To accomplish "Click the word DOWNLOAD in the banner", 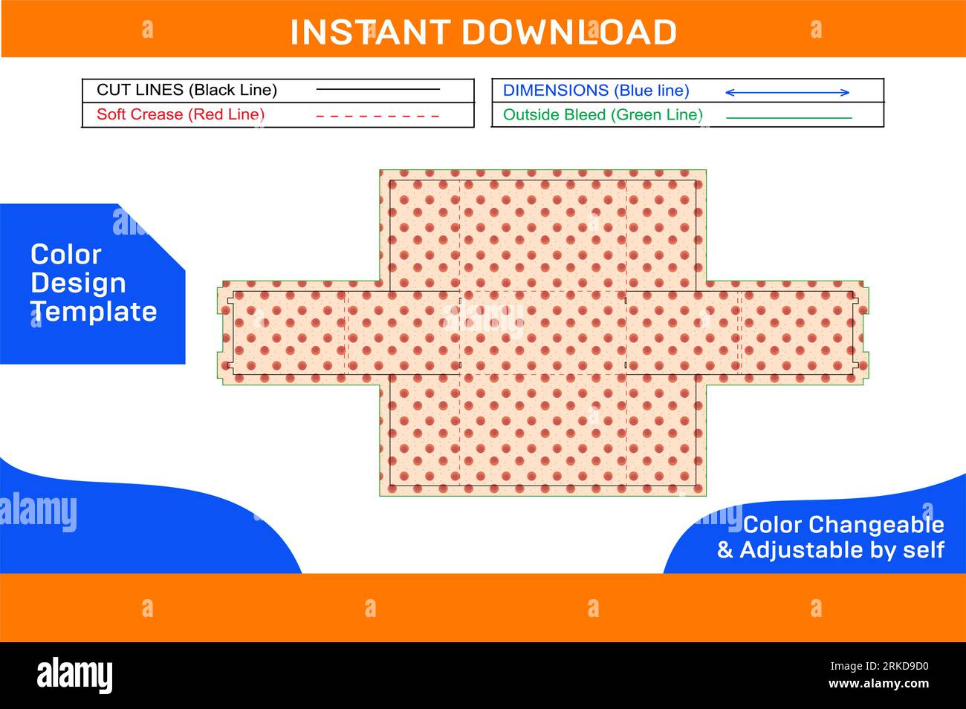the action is click(569, 33).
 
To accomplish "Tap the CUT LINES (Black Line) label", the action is click(187, 90).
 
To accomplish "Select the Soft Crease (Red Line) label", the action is click(181, 114).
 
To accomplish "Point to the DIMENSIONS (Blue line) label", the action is click(596, 91).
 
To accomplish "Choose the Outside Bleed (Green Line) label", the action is click(603, 115).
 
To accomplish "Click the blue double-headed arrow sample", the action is click(788, 93).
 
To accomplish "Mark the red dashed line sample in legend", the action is click(377, 117).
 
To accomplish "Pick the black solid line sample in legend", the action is click(378, 89).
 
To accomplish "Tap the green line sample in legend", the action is click(789, 117).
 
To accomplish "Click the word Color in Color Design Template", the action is click(66, 255).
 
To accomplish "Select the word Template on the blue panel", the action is click(94, 311).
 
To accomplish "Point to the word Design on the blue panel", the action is click(78, 284).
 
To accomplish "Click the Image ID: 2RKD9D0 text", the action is click(880, 666).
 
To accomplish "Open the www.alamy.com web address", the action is click(879, 684).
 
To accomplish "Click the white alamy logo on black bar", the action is click(74, 675).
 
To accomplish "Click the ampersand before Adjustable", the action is click(725, 550).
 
